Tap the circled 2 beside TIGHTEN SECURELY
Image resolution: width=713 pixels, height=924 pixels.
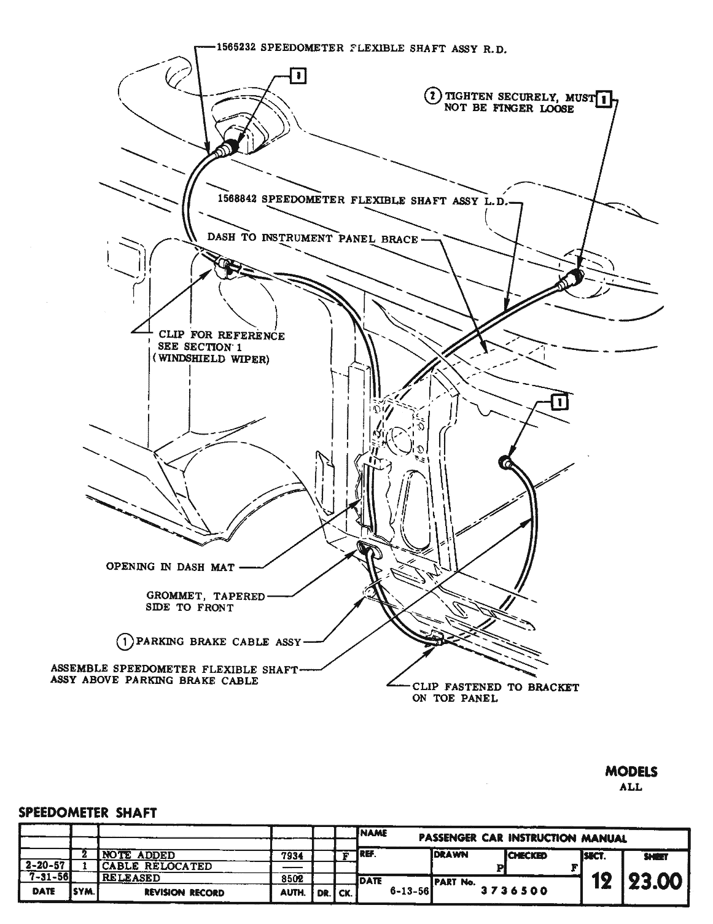[x=434, y=96]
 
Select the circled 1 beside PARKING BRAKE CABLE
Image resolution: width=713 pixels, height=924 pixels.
[x=125, y=642]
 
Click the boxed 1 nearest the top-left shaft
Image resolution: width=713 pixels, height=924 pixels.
[x=298, y=76]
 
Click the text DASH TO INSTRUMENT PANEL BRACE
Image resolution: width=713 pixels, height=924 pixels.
[x=312, y=238]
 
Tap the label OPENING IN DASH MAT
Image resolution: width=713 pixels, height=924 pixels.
[x=170, y=567]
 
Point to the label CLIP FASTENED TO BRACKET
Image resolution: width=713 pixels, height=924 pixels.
[x=495, y=687]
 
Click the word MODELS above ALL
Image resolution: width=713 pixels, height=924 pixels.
[x=631, y=772]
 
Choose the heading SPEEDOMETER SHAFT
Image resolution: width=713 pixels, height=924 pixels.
[x=88, y=812]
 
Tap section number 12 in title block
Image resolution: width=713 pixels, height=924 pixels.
[x=601, y=882]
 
